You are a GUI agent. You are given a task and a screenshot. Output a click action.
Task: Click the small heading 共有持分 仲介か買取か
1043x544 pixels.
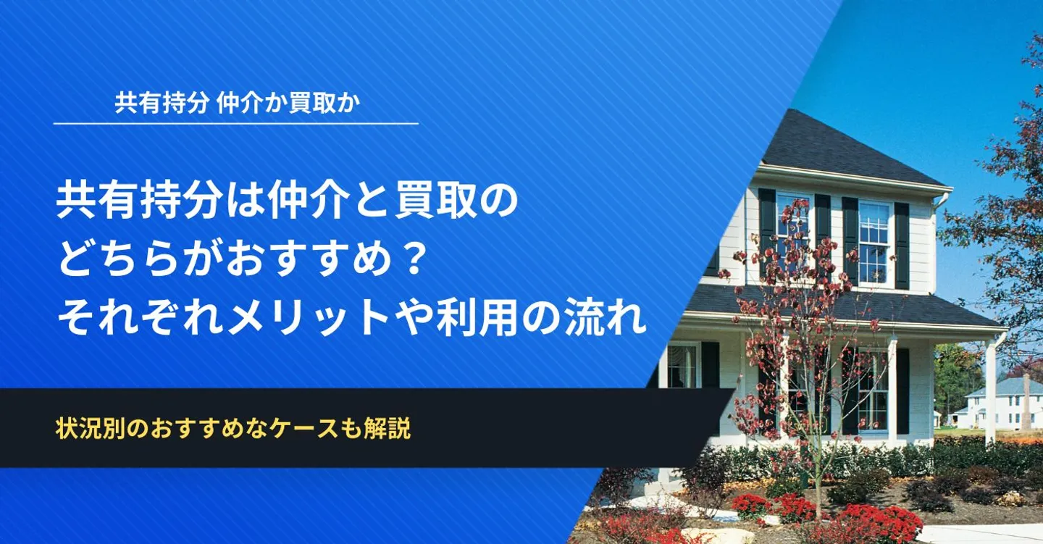238,103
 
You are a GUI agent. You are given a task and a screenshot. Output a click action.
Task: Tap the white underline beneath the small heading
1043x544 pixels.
236,123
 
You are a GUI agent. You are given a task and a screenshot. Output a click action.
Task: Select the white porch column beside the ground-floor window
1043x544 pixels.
892,389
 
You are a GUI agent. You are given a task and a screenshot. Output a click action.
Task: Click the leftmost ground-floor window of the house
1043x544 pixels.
682,366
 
